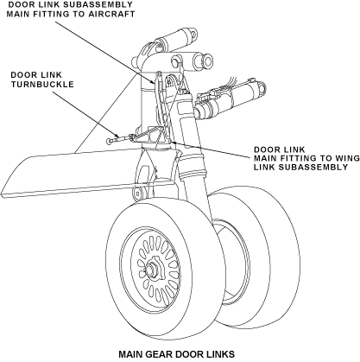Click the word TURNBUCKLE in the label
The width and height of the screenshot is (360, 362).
pyautogui.click(x=42, y=85)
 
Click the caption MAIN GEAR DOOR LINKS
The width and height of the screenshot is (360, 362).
pyautogui.click(x=177, y=354)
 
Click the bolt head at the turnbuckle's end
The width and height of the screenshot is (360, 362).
pyautogui.click(x=109, y=142)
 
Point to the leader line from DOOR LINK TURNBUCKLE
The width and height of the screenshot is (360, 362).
pyautogui.click(x=85, y=114)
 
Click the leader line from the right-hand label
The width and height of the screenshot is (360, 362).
pyautogui.click(x=211, y=149)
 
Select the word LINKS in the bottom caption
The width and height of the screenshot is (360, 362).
pyautogui.click(x=221, y=354)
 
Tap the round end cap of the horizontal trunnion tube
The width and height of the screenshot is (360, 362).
pyautogui.click(x=208, y=60)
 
